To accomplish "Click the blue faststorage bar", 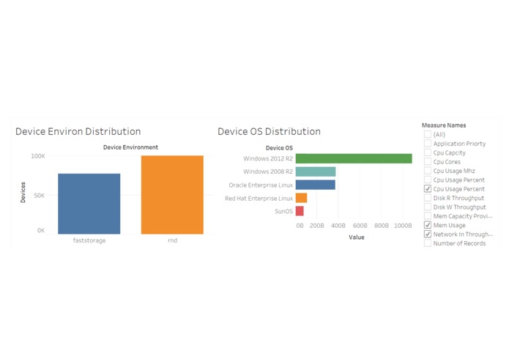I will pos(89,204).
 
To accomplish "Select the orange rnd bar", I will pos(172,195).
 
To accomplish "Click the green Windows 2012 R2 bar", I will pos(354,158).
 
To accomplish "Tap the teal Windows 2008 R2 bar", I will pos(316,171).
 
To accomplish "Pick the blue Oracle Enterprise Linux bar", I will pos(315,185).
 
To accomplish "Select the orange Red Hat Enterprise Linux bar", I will pos(301,198).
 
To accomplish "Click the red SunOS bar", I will pos(300,211).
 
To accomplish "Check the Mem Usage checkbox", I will pos(428,225).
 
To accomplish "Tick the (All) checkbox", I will pos(428,135).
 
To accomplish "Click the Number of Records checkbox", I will pos(428,243).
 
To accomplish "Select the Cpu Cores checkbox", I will pos(428,162).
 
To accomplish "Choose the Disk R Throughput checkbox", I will pos(428,198).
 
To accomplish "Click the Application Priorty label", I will pos(459,144).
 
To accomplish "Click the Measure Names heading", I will pos(444,125).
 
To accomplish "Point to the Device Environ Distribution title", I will pos(78,132).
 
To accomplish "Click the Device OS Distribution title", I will pos(269,132).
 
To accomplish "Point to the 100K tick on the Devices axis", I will pos(37,156).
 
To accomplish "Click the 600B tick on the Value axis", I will pos(360,226).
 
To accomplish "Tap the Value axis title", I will pos(356,237).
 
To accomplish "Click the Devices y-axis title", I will pos(23,193).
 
